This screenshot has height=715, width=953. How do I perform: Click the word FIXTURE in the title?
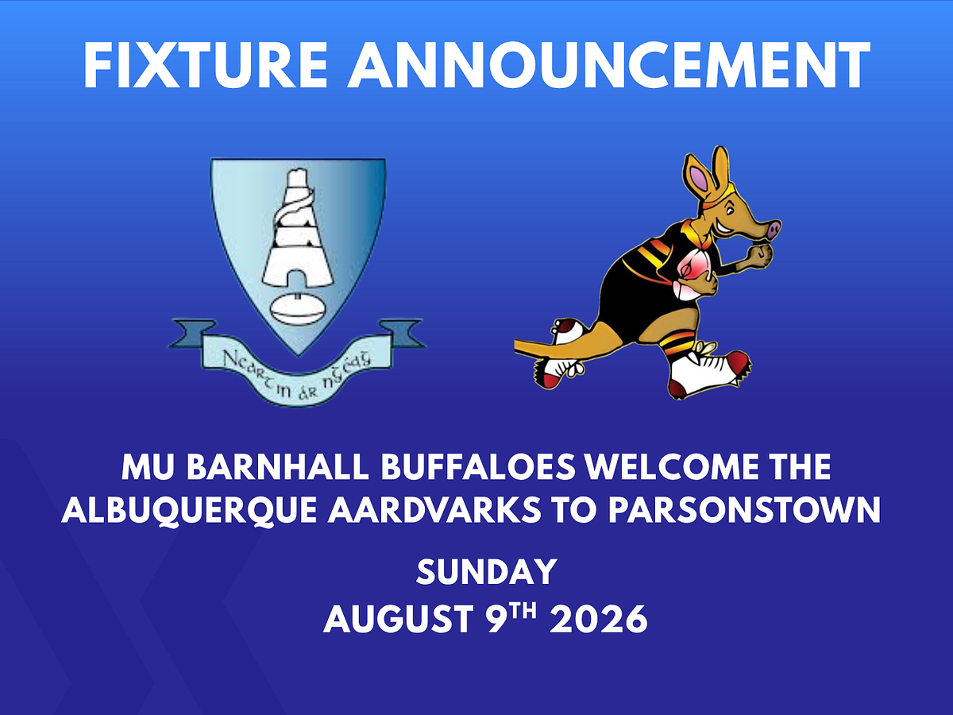(205, 65)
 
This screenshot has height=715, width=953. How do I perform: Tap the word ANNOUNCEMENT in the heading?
(609, 65)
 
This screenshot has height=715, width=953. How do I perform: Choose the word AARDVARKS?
(434, 510)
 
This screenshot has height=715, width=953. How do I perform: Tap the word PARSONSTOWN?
(744, 510)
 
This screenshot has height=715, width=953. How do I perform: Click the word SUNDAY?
(487, 572)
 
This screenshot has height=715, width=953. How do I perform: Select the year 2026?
(599, 619)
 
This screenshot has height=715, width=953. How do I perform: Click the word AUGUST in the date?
(398, 619)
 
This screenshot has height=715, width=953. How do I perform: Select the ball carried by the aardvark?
(693, 273)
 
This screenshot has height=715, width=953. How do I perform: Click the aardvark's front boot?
(708, 373)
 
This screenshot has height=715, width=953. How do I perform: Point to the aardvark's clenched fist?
(761, 257)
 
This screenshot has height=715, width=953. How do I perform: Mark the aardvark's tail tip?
(517, 345)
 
